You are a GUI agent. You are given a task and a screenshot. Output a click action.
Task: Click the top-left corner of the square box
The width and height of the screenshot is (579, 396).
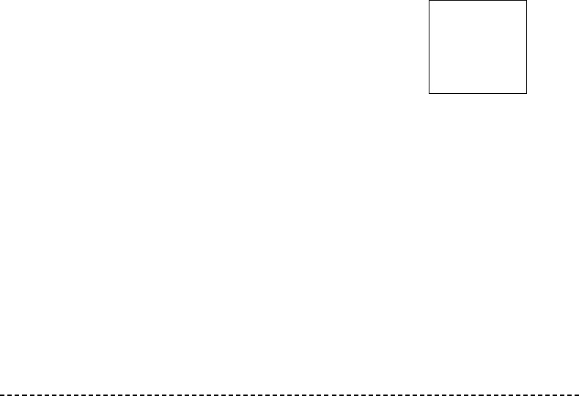coord(429,1)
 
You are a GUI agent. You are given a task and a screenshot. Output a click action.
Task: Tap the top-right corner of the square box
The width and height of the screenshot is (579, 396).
coord(526,1)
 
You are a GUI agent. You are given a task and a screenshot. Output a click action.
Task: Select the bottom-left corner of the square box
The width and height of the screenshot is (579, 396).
coord(429,93)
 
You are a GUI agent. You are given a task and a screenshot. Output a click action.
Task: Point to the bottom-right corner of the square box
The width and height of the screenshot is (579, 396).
coord(526,93)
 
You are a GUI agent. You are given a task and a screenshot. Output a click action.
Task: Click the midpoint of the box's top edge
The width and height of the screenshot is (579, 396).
coord(478,1)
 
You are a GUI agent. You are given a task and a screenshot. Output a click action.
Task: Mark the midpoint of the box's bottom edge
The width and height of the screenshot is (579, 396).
coord(478,93)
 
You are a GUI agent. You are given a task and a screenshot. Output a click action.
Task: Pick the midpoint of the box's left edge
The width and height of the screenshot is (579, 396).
coord(429,47)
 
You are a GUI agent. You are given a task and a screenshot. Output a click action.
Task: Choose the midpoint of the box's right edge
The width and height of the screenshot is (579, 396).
coord(526,47)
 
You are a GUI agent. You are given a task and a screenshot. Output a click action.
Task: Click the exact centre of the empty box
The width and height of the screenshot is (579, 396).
coord(478,47)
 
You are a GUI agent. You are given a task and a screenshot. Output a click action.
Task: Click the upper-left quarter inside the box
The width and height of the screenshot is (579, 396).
coord(453,23)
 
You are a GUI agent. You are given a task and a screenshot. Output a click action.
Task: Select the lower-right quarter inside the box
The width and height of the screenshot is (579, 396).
coord(502,70)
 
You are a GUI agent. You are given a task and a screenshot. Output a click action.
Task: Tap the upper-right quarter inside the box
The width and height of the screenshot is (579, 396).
coord(502,23)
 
